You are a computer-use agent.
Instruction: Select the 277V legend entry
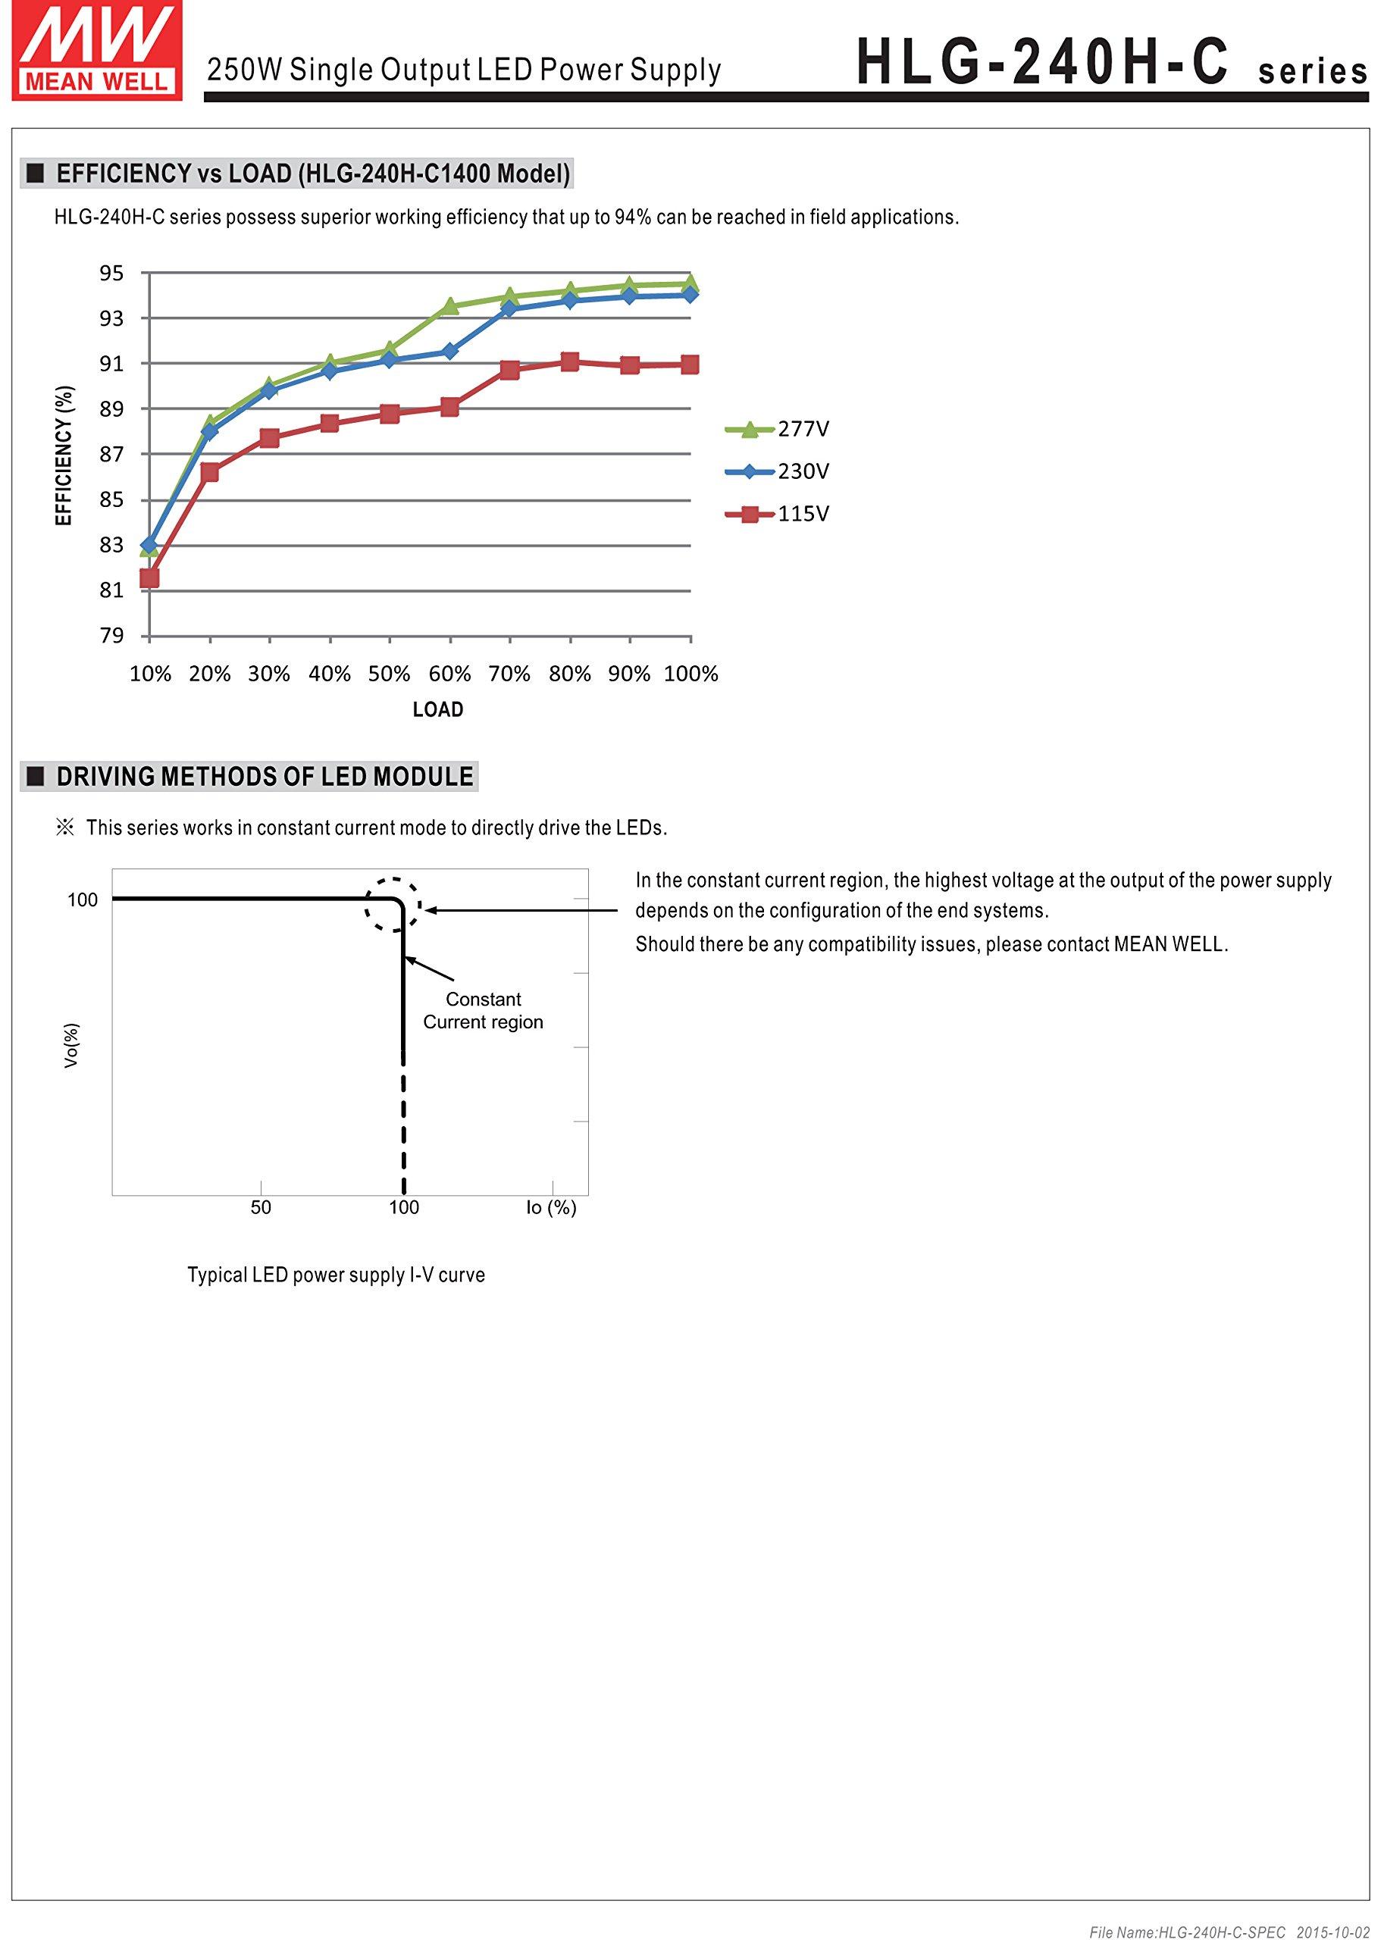(x=777, y=429)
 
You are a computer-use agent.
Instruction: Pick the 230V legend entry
(x=777, y=471)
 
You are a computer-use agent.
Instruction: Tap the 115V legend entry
(x=777, y=514)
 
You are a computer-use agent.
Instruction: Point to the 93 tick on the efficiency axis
(x=111, y=318)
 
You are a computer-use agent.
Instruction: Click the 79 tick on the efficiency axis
(x=111, y=636)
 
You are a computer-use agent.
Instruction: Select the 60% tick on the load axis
(x=449, y=674)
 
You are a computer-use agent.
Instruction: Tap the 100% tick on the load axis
(x=690, y=674)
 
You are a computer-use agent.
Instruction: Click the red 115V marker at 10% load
(x=149, y=578)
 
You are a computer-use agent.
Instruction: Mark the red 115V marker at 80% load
(x=570, y=362)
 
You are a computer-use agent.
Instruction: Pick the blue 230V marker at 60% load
(x=450, y=351)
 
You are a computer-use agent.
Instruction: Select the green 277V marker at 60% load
(x=450, y=306)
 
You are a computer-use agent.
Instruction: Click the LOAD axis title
(x=438, y=710)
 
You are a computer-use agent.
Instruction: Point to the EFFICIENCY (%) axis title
(x=64, y=455)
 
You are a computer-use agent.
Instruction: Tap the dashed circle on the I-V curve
(x=393, y=905)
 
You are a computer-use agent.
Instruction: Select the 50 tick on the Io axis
(x=261, y=1207)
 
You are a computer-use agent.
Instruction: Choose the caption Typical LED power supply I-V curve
(x=336, y=1275)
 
